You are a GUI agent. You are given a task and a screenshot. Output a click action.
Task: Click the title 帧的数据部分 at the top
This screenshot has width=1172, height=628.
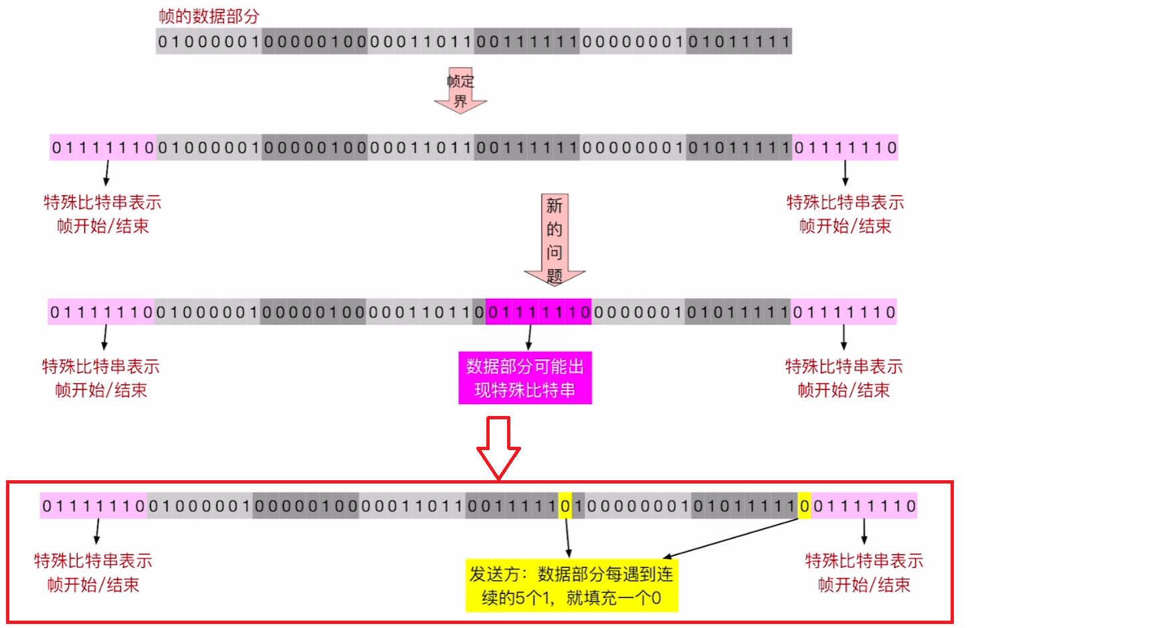coord(209,16)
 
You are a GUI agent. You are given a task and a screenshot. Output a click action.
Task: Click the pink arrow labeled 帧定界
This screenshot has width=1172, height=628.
coord(460,90)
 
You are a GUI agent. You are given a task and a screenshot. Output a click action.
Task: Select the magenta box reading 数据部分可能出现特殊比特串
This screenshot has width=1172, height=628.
coord(525,378)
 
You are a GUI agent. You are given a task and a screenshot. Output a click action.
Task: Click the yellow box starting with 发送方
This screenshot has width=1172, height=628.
coord(572,585)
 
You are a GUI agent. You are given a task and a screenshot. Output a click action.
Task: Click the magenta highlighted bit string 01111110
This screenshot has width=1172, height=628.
coord(539,312)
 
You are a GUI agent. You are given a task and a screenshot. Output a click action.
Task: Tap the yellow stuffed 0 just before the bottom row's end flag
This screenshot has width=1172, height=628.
coord(804,506)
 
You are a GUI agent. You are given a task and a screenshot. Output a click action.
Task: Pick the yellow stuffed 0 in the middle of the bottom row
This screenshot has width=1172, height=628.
coord(565,506)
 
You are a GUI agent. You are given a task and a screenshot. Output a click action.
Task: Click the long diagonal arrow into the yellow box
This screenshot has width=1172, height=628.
coord(732,538)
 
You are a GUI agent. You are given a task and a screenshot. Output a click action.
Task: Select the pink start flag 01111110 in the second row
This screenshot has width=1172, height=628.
coord(103,148)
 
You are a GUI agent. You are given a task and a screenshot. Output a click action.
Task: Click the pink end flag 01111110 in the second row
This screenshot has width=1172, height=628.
coord(846,148)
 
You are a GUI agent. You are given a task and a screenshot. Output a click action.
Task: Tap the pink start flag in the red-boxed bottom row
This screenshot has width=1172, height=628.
coord(94,506)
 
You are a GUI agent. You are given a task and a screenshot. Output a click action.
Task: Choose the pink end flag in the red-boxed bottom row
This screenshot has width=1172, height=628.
coord(864,506)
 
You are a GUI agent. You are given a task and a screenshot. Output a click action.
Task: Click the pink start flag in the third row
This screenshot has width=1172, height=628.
coord(102,312)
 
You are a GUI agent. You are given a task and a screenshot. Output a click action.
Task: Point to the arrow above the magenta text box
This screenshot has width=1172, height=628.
coord(529,337)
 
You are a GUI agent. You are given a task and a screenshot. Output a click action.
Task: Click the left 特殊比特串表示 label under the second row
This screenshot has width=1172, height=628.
coord(102,202)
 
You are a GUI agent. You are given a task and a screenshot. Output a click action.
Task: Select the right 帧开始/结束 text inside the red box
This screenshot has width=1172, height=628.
coord(864,585)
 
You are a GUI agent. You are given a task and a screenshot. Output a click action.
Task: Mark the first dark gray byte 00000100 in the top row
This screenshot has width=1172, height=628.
coord(315,41)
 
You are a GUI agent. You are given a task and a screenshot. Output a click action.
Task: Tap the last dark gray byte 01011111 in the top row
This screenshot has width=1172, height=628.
coord(739,41)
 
